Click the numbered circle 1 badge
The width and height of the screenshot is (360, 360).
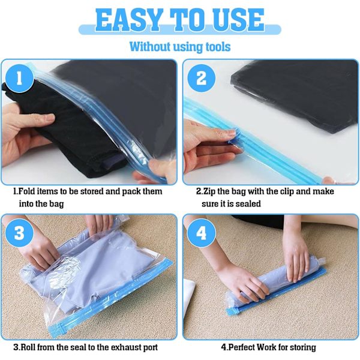pyautogui.click(x=19, y=78)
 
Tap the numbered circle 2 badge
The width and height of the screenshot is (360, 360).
pyautogui.click(x=202, y=78)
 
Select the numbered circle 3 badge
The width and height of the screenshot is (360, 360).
pyautogui.click(x=19, y=233)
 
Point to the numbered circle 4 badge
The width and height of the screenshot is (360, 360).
pyautogui.click(x=202, y=233)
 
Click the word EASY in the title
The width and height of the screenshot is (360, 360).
pyautogui.click(x=129, y=20)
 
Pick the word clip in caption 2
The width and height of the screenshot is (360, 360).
pyautogui.click(x=286, y=191)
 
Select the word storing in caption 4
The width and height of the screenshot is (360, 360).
pyautogui.click(x=302, y=347)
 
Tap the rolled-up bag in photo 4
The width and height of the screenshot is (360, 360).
pyautogui.click(x=275, y=284)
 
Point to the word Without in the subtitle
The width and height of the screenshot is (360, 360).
pyautogui.click(x=150, y=47)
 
